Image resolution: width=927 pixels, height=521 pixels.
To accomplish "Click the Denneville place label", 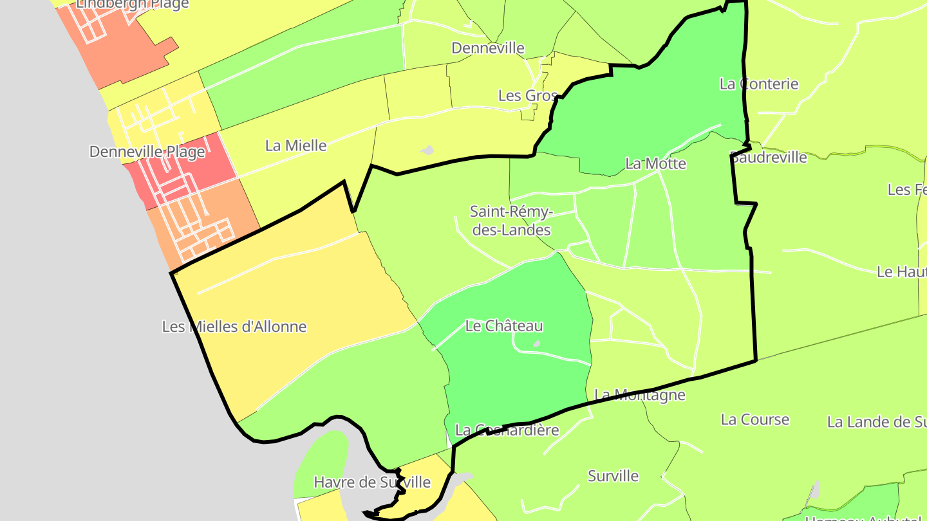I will [x=488, y=48].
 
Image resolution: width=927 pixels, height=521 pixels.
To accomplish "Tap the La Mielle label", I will [x=296, y=145].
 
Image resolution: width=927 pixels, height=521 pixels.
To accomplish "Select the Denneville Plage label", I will [x=147, y=152].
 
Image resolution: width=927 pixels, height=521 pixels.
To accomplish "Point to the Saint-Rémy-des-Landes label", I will [x=511, y=220].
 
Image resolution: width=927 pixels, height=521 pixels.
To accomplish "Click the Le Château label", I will [x=504, y=326].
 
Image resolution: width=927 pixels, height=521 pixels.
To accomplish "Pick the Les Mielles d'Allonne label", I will [x=234, y=327].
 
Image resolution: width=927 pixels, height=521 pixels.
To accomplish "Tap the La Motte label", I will [x=655, y=163].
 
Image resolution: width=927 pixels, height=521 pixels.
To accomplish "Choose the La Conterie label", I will [x=759, y=84].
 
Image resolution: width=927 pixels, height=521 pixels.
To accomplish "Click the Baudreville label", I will [x=769, y=157].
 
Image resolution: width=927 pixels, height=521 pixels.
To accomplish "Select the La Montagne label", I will [x=640, y=394].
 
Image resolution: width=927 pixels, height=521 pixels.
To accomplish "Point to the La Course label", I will [x=754, y=419].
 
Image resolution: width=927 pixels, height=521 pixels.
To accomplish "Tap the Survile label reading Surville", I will [x=613, y=476].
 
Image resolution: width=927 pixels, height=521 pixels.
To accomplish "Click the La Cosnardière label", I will [x=507, y=430].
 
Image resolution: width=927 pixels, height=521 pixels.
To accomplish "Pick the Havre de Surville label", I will [x=372, y=482].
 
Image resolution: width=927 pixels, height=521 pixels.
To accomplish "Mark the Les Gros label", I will [x=528, y=96].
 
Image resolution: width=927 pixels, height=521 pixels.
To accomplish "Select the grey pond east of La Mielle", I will [x=427, y=151].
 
